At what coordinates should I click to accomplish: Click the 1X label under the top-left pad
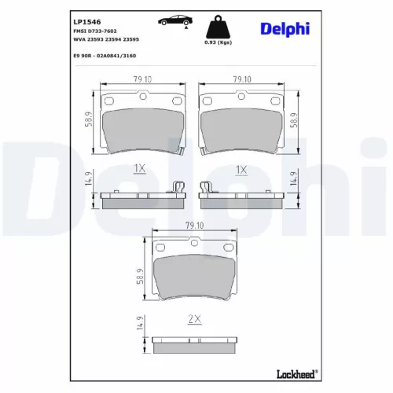(140, 169)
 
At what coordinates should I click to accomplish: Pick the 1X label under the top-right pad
(241, 169)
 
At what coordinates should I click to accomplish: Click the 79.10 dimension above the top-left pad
(143, 79)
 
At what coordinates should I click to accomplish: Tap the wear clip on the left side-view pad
(178, 187)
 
